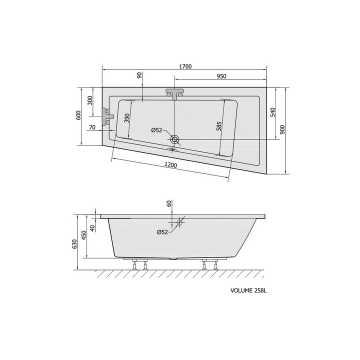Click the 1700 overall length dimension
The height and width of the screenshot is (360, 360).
(185, 66)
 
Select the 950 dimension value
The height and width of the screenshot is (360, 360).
(221, 76)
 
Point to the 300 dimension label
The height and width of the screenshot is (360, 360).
(90, 100)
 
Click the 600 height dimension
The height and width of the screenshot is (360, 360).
(78, 115)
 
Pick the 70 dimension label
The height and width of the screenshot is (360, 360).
(92, 127)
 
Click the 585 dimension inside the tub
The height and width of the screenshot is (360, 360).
(219, 126)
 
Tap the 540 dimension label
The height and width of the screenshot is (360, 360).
(272, 112)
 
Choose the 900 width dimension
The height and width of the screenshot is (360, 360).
(282, 129)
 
